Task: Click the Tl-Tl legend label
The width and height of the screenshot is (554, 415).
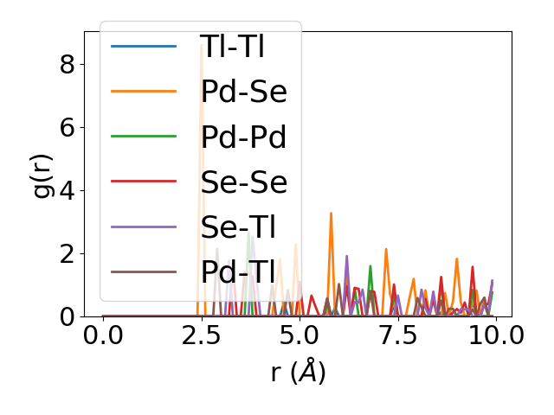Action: [x=231, y=46]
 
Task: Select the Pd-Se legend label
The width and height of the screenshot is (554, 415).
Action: [x=243, y=91]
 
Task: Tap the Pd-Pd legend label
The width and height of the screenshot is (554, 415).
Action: [x=243, y=137]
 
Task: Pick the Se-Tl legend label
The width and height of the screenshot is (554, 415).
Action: [x=237, y=227]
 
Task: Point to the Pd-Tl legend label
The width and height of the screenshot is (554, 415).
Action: [x=237, y=272]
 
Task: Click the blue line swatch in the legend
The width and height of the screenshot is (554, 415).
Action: [x=144, y=46]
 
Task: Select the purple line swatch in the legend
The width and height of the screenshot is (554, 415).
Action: [x=144, y=227]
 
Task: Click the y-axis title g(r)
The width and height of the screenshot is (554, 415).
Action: [x=43, y=174]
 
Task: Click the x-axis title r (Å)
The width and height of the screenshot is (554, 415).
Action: [x=298, y=373]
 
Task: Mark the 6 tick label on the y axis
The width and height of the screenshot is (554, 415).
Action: [x=68, y=127]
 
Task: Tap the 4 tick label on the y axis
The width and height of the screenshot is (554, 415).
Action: [x=68, y=190]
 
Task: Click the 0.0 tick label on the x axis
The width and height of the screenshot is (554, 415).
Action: [x=103, y=335]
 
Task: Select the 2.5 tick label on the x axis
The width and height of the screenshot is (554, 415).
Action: [x=201, y=335]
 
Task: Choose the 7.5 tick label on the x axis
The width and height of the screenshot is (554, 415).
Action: [x=397, y=335]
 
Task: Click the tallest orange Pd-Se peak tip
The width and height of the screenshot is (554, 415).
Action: [x=202, y=44]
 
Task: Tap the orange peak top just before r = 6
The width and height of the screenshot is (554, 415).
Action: [x=331, y=213]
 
